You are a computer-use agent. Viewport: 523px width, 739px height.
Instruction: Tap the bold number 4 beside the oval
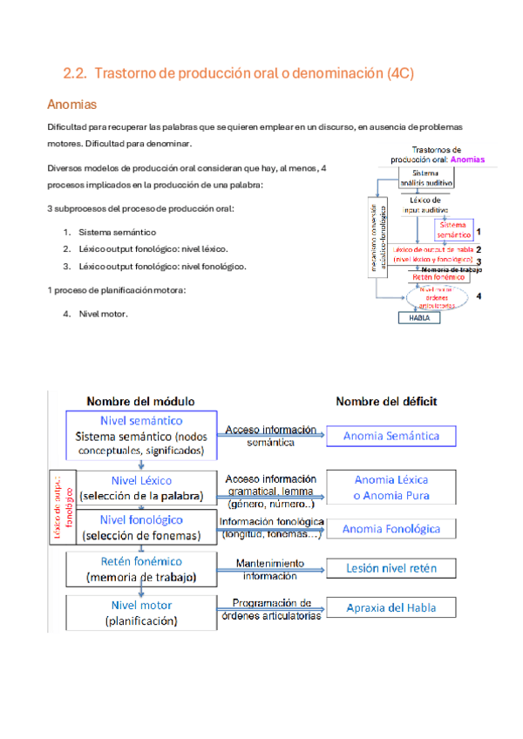(x=479, y=296)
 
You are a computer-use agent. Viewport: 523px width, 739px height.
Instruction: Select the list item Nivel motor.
(x=103, y=314)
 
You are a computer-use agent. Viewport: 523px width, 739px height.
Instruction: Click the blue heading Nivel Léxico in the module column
(x=142, y=480)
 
